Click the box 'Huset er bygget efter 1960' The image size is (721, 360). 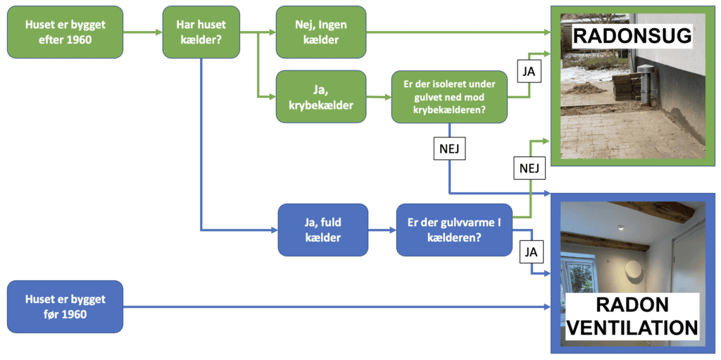65,32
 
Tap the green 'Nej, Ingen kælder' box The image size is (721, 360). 321,32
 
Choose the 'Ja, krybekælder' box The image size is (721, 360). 321,97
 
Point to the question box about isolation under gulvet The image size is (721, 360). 449,97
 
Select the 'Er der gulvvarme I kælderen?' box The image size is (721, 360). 453,230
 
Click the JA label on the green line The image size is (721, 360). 529,71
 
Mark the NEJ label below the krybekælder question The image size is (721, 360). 449,149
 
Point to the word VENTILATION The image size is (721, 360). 632,328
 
